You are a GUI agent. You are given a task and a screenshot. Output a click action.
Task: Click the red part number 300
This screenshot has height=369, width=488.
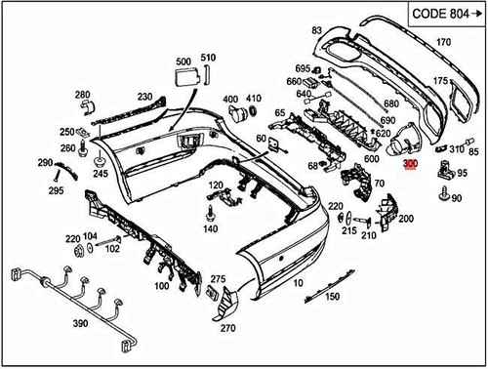coord(411,167)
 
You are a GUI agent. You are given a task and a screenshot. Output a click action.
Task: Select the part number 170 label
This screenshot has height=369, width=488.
coord(443,42)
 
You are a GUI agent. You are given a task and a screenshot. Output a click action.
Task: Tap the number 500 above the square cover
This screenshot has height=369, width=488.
coord(183,62)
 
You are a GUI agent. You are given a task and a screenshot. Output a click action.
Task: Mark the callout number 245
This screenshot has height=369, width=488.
coord(100,174)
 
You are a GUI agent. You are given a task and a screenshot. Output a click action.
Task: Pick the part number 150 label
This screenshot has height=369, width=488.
coord(332,297)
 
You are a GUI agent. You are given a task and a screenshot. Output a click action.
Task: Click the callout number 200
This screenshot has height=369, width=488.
coord(405,219)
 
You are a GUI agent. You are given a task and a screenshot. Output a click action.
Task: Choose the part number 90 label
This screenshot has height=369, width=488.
coord(456,198)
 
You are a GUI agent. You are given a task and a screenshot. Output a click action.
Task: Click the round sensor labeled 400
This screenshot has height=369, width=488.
coord(235,116)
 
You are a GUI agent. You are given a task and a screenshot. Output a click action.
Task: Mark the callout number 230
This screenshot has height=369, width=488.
coord(144,98)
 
